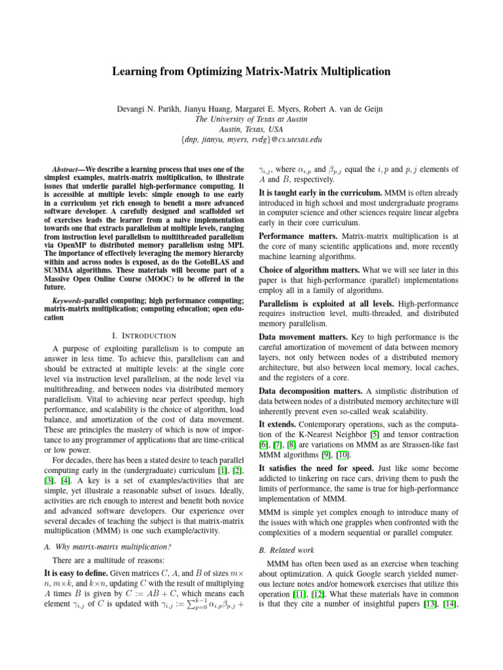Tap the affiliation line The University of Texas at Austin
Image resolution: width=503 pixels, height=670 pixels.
click(251, 118)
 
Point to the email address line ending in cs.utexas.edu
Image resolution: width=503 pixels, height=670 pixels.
click(251, 139)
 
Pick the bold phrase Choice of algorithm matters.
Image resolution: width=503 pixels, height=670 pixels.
click(308, 269)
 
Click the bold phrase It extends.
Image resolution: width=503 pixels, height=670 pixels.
click(275, 423)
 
